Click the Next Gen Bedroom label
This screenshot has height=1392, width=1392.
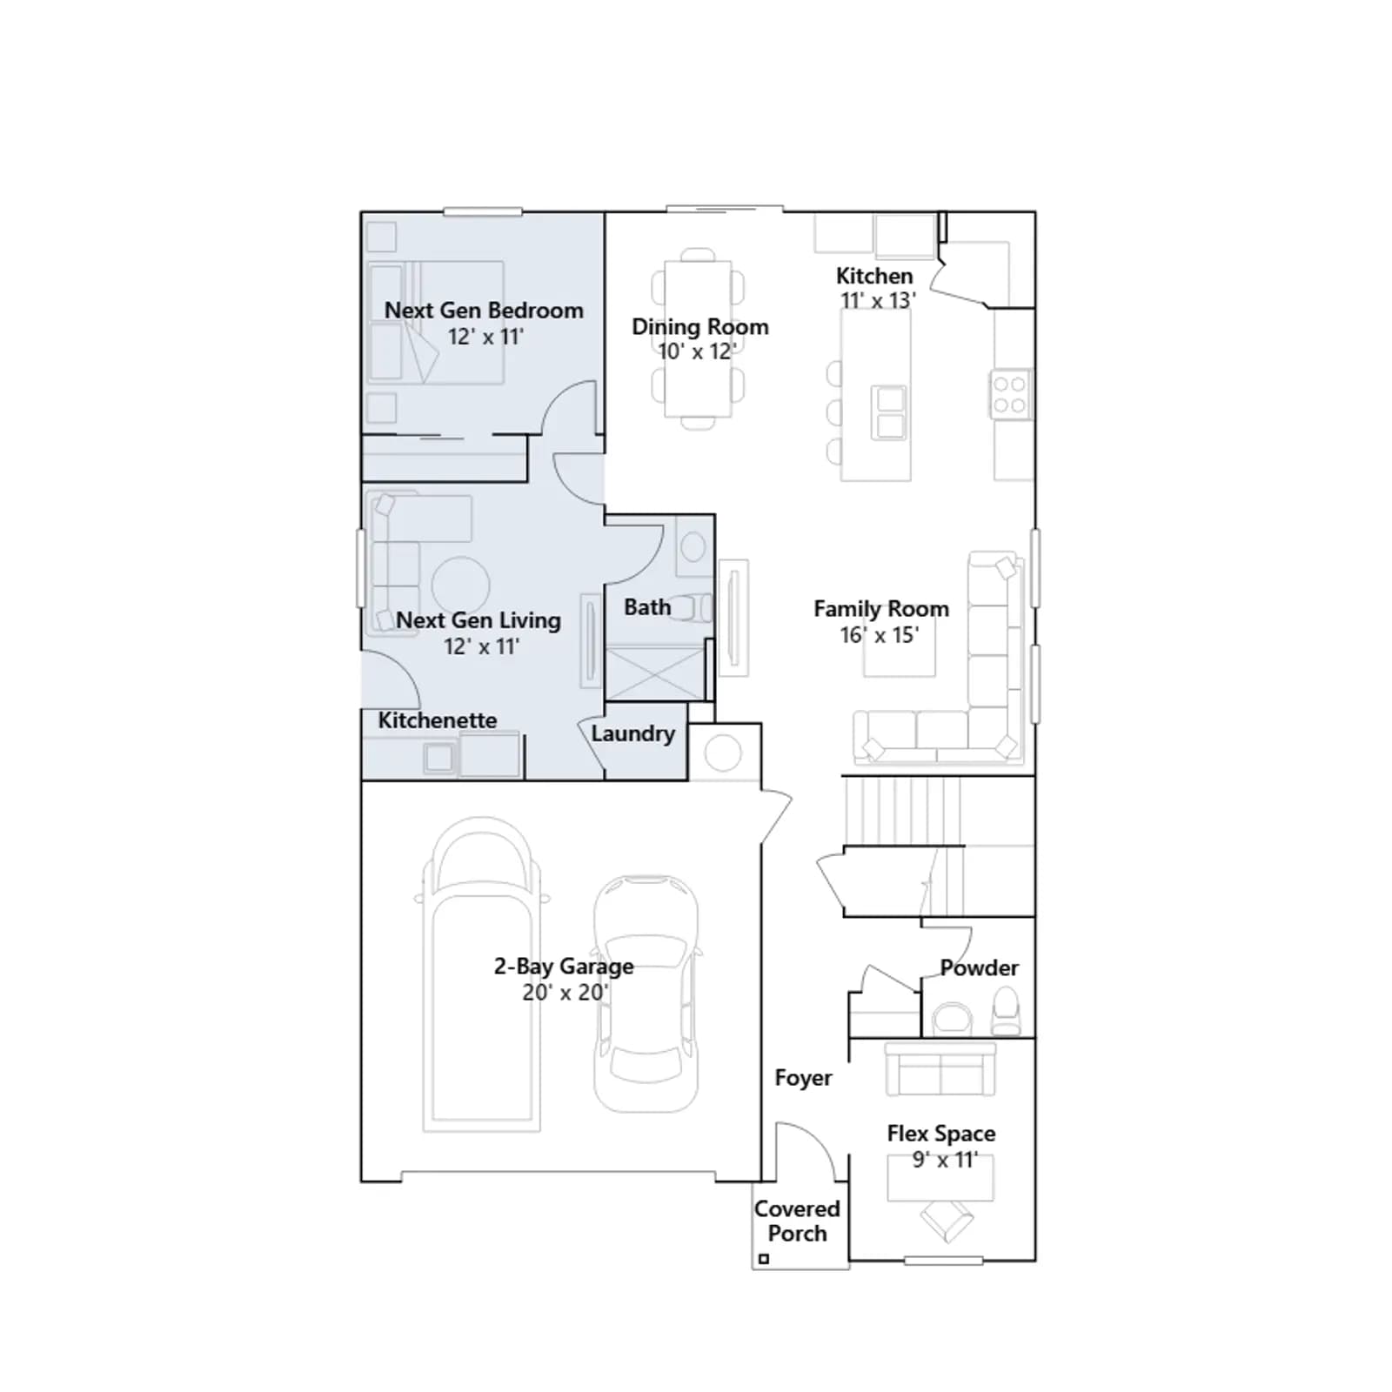[484, 311]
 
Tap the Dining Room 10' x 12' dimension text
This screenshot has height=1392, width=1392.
[697, 351]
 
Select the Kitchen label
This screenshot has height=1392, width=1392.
[874, 276]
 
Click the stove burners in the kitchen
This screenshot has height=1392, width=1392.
[1011, 394]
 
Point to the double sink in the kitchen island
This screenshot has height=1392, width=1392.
[889, 412]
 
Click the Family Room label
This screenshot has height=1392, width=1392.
[881, 609]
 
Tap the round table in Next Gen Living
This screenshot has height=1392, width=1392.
[460, 586]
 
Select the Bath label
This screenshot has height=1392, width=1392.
[647, 607]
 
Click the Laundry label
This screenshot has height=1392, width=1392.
[633, 734]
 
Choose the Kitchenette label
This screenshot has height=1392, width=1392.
[438, 720]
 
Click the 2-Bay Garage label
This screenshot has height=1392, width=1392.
[564, 967]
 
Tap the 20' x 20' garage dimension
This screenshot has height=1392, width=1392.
[565, 993]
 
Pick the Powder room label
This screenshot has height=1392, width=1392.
[979, 968]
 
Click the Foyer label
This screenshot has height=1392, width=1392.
[803, 1078]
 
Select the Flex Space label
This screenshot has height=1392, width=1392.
[941, 1134]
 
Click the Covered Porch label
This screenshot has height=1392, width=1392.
[797, 1221]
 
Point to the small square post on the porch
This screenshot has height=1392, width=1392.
[764, 1259]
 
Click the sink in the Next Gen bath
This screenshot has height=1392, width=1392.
[693, 547]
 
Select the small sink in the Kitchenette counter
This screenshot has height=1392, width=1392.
[439, 759]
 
